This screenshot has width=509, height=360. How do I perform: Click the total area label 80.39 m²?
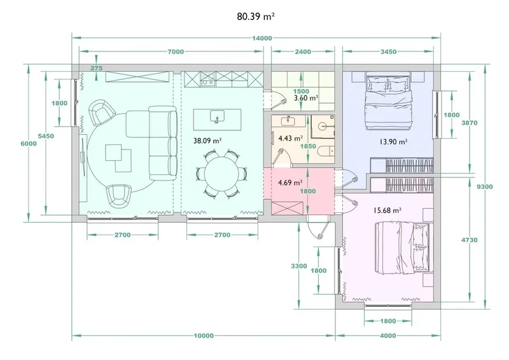pyautogui.click(x=256, y=17)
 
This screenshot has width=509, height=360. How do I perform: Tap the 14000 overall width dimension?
pyautogui.click(x=262, y=38)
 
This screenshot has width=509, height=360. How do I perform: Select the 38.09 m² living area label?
pyautogui.click(x=207, y=141)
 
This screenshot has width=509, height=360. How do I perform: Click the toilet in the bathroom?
pyautogui.click(x=326, y=151)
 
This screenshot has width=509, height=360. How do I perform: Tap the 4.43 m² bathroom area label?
pyautogui.click(x=291, y=138)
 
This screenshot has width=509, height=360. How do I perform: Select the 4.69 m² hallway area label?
pyautogui.click(x=290, y=183)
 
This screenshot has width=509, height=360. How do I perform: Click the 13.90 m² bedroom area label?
pyautogui.click(x=393, y=142)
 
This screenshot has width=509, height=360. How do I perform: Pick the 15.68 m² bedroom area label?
pyautogui.click(x=387, y=211)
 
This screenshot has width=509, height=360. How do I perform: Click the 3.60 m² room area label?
pyautogui.click(x=306, y=98)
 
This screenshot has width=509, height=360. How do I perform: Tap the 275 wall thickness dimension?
pyautogui.click(x=97, y=68)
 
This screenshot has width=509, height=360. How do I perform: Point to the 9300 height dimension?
pyautogui.click(x=485, y=186)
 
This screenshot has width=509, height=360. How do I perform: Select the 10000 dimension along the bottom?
pyautogui.click(x=204, y=336)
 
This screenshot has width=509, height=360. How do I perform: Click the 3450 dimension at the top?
pyautogui.click(x=388, y=52)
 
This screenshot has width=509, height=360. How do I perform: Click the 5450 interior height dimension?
pyautogui.click(x=46, y=136)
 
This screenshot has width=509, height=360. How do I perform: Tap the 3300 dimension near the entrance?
pyautogui.click(x=298, y=267)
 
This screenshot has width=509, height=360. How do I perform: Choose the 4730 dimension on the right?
pyautogui.click(x=470, y=240)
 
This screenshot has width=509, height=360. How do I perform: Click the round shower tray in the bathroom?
pyautogui.click(x=323, y=126)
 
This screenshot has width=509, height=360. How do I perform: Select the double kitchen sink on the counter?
pyautogui.click(x=208, y=80)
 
